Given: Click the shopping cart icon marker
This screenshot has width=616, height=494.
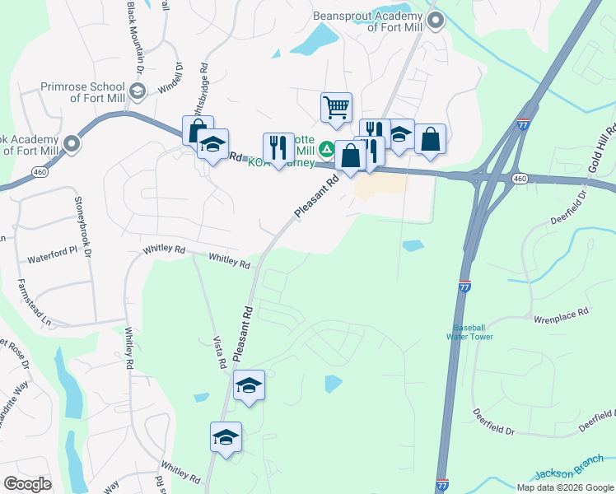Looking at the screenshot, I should [x=336, y=108].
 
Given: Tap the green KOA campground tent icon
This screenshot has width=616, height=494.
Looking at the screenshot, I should [x=327, y=150].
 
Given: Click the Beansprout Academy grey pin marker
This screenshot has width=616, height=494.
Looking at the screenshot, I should [x=436, y=20].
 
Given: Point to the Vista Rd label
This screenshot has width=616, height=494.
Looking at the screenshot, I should [x=220, y=352].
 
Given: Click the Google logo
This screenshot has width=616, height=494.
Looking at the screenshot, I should [x=27, y=484].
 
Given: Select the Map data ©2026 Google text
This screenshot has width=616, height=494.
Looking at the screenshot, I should [x=565, y=487].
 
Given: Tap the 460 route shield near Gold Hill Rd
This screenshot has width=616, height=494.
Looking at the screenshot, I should [x=519, y=178].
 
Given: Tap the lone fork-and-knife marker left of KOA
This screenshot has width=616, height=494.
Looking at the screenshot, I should [x=278, y=148].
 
